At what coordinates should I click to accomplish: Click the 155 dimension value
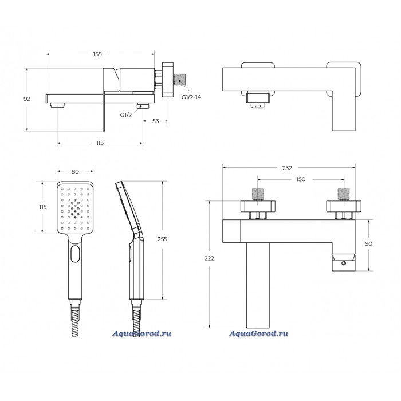(97, 54)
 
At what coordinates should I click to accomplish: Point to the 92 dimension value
(27, 99)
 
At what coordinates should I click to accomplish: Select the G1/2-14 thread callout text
(191, 97)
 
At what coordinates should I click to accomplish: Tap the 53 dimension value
(155, 121)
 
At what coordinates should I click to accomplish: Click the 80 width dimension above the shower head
(75, 172)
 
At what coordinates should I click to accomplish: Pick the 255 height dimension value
(162, 239)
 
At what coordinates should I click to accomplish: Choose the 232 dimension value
(287, 168)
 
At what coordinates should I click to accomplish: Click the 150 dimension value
(301, 179)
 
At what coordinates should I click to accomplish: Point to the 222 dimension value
(209, 258)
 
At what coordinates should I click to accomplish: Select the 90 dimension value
(368, 243)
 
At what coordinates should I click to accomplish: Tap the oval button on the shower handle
(75, 254)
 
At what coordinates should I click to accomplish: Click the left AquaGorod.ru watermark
(142, 333)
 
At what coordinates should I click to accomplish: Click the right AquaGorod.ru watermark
(258, 333)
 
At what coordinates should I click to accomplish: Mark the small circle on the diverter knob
(344, 263)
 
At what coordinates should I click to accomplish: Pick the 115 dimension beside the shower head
(43, 207)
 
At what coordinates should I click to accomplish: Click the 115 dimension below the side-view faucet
(100, 143)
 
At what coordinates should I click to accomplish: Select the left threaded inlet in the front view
(258, 194)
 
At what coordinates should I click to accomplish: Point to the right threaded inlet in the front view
(344, 194)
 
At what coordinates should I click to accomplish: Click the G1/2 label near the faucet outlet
(126, 115)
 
